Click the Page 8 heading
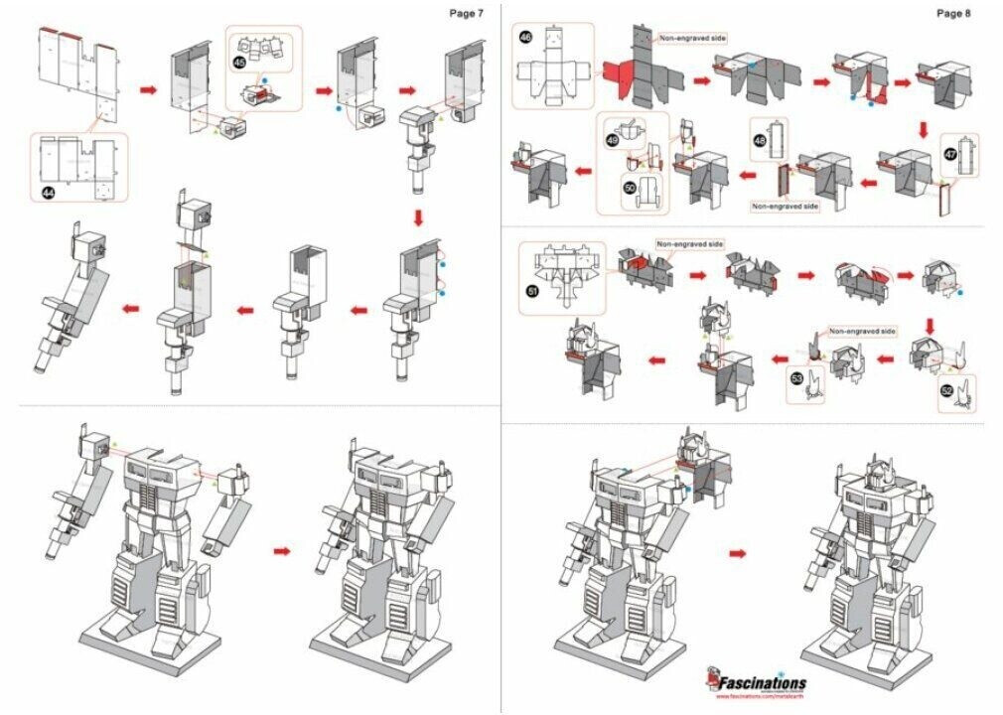tap(952, 13)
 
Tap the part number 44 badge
tap(48, 192)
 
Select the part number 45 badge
tap(239, 62)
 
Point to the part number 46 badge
tap(525, 38)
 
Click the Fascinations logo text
tap(763, 682)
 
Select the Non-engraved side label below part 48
tap(786, 207)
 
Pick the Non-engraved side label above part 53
tap(862, 331)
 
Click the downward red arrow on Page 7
tap(417, 217)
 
